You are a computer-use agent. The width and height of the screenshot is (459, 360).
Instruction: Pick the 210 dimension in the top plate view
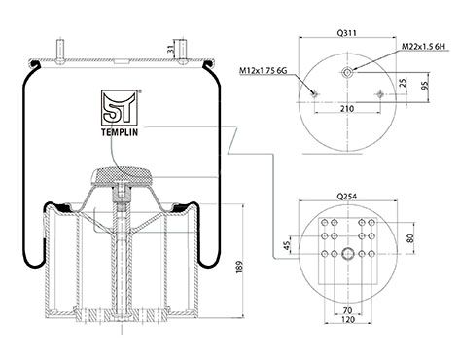tap(347, 109)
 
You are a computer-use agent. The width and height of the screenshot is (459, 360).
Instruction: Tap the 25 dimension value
tap(404, 83)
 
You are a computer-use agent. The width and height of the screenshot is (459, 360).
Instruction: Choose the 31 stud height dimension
tap(172, 50)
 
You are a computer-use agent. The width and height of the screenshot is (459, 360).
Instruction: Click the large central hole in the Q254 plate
tap(347, 255)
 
